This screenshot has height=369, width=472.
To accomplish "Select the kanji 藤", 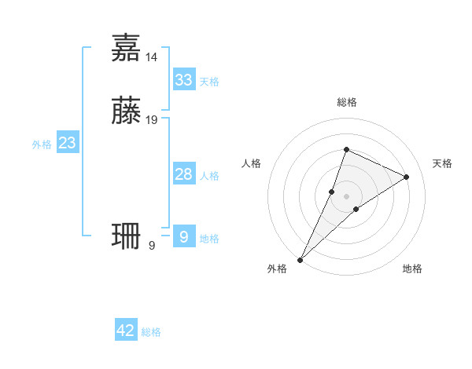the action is (127, 110).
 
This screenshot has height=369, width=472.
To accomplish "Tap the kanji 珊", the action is (127, 236).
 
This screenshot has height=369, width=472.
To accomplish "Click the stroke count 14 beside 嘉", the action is (152, 57).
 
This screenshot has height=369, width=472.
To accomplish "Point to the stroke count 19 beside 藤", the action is (152, 120).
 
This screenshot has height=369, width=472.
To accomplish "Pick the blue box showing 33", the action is (183, 79).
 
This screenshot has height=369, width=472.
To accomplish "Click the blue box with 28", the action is (183, 174).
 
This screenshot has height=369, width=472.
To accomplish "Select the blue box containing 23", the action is (67, 143).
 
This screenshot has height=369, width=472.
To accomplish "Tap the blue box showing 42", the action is (126, 331).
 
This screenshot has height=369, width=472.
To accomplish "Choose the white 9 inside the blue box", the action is (183, 236).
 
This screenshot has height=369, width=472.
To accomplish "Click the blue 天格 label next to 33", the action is (209, 82).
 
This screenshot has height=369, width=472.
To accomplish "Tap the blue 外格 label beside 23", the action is (42, 144).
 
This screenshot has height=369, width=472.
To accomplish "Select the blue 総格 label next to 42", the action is (151, 332).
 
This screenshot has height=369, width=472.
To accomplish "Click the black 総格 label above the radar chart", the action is (346, 102).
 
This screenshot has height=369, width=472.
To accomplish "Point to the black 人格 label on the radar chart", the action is (252, 163).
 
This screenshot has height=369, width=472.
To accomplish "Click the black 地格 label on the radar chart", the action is (412, 269).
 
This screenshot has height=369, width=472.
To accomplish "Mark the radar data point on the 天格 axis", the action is (407, 177).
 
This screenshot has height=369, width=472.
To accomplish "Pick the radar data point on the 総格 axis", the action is (346, 149).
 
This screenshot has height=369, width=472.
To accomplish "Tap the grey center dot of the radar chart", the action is (346, 195).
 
